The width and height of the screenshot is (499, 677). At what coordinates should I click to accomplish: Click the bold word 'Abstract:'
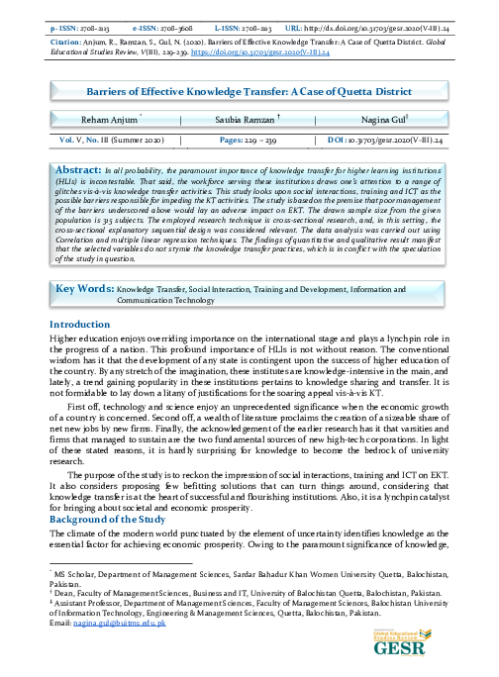(x=80, y=170)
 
